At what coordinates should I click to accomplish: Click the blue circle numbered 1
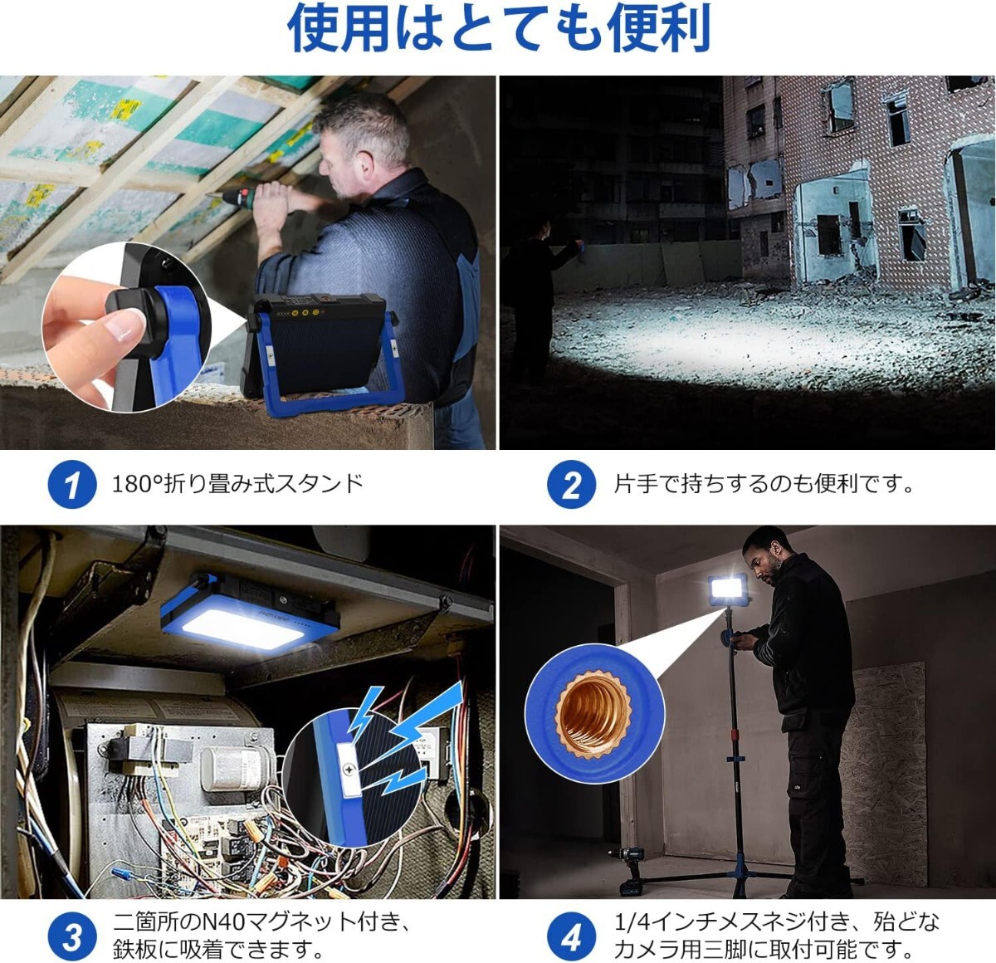coord(72,484)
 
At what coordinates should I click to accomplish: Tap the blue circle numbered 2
coord(571,484)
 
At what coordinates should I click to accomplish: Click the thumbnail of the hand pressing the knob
coord(126,328)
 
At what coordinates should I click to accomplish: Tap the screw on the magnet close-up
coord(349,770)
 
